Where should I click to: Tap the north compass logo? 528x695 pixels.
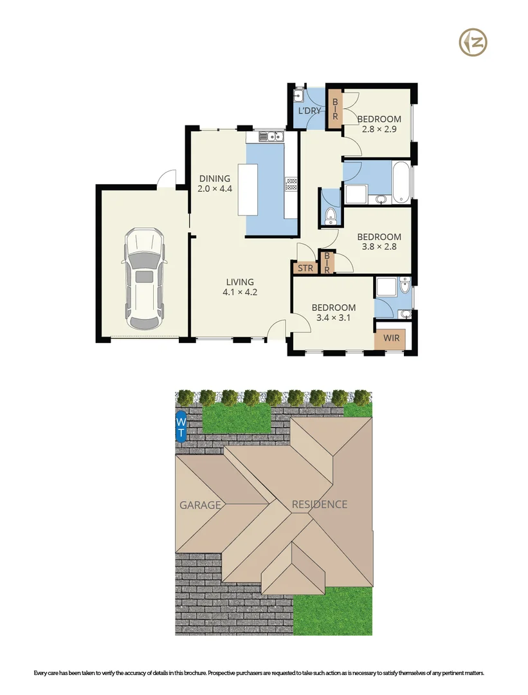(x=473, y=43)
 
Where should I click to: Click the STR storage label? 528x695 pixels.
(x=305, y=268)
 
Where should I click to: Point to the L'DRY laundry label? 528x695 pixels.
(x=309, y=111)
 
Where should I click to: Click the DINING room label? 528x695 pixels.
(x=214, y=179)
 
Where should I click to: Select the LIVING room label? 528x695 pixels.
(x=239, y=282)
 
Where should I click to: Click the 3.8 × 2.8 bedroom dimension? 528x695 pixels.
(x=379, y=247)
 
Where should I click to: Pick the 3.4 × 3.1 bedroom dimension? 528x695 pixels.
(x=331, y=317)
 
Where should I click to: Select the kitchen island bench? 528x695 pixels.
(x=248, y=190)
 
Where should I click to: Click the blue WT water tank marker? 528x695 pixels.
(x=181, y=427)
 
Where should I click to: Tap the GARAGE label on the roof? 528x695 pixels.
(x=199, y=505)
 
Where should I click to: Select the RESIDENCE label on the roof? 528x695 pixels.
(x=320, y=505)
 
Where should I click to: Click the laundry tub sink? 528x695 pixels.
(x=298, y=97)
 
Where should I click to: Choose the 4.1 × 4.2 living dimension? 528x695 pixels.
(x=239, y=293)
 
